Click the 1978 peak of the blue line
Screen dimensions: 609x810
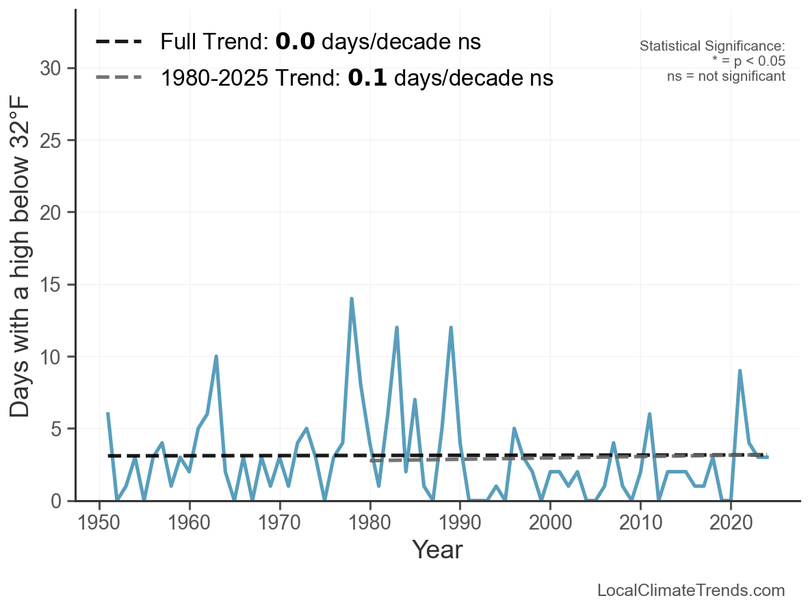click(352, 299)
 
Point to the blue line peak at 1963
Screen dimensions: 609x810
click(216, 356)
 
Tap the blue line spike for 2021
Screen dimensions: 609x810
click(740, 371)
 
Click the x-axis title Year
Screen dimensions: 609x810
click(437, 549)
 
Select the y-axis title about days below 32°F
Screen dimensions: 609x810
click(21, 285)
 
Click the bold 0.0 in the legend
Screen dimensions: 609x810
click(295, 42)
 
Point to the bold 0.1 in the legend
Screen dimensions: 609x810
click(367, 78)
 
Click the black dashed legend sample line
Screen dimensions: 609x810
click(118, 42)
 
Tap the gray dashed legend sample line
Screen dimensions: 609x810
click(118, 77)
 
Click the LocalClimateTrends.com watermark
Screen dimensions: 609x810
click(691, 591)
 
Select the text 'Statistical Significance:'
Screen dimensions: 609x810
click(712, 47)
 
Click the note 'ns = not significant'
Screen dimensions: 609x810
click(726, 76)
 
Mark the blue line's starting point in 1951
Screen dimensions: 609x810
click(108, 414)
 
